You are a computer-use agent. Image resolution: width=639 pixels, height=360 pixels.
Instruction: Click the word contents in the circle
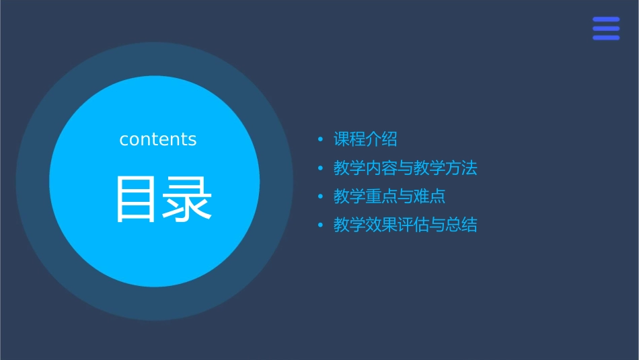pos(158,139)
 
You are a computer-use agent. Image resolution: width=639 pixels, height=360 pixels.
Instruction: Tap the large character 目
pos(137,199)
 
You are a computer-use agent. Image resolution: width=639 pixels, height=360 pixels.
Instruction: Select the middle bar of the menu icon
pos(606,29)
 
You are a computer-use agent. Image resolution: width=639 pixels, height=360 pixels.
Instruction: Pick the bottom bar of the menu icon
pos(606,38)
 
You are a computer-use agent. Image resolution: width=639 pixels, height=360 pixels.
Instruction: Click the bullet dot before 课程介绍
pos(320,140)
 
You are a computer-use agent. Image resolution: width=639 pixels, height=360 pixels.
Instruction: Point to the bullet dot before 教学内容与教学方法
pos(320,168)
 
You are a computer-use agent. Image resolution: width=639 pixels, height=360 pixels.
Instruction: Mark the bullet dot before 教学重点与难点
pos(320,196)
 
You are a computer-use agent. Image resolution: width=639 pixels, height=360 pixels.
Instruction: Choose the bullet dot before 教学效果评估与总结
pos(320,225)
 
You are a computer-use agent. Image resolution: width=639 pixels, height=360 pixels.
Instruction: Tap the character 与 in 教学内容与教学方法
pos(406,168)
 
